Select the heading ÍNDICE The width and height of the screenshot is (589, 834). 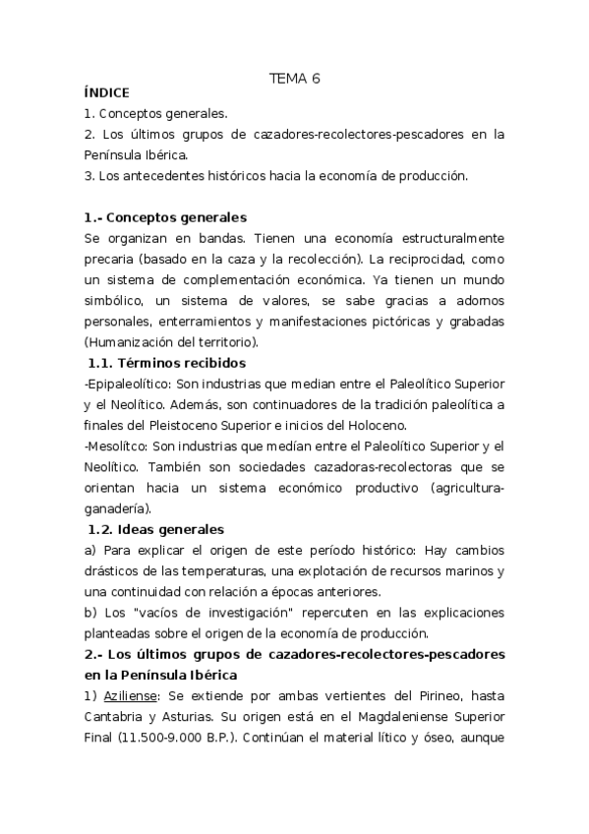[x=107, y=93]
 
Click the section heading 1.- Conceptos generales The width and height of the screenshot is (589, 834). [x=166, y=217]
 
